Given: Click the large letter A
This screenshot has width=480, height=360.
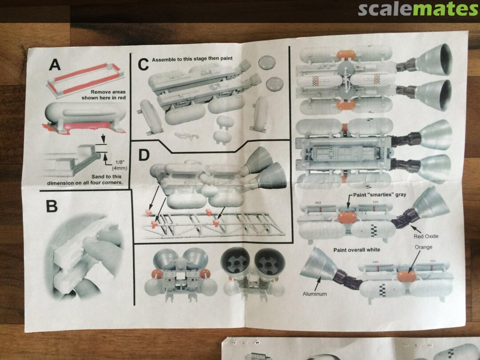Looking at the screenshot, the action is pyautogui.click(x=55, y=65).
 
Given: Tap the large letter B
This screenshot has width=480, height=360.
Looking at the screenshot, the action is pyautogui.click(x=52, y=206).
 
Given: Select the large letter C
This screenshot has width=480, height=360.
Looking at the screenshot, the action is pyautogui.click(x=143, y=65).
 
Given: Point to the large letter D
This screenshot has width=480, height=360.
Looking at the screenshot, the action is pyautogui.click(x=144, y=155).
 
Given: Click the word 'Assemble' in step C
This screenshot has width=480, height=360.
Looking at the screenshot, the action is pyautogui.click(x=164, y=59).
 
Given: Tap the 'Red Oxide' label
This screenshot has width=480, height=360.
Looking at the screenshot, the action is pyautogui.click(x=426, y=236).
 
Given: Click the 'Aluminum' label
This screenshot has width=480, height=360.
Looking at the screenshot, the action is pyautogui.click(x=315, y=294).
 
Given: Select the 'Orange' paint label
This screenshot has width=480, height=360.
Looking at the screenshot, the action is pyautogui.click(x=424, y=247).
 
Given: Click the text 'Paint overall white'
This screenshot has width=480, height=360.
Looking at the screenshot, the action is pyautogui.click(x=356, y=250).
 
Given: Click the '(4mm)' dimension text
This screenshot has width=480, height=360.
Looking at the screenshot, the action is pyautogui.click(x=120, y=168).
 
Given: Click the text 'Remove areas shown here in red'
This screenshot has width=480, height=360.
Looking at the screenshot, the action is pyautogui.click(x=104, y=95).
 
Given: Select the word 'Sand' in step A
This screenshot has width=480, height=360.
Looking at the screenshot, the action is pyautogui.click(x=98, y=176).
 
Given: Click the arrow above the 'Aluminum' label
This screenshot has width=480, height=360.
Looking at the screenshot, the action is pyautogui.click(x=317, y=283).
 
